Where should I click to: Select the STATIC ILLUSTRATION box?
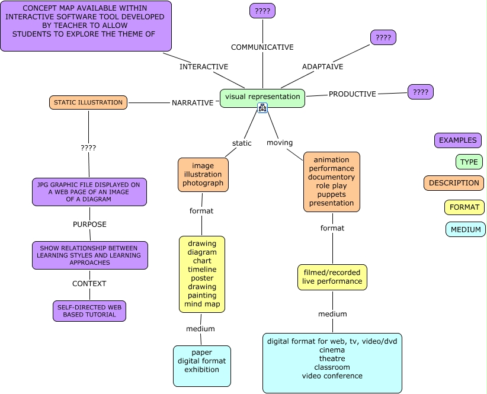[x=88, y=102]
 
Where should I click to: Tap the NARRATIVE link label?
[x=193, y=102]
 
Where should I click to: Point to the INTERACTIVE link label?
[x=204, y=67]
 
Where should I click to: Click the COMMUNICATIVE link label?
[x=262, y=47]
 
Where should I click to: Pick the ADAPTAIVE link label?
[x=322, y=67]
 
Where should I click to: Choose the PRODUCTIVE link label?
[x=353, y=94]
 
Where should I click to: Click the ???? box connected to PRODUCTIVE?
[x=421, y=92]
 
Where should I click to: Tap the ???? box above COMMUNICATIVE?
[x=262, y=11]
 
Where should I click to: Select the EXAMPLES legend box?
[x=458, y=140]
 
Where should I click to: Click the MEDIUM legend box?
[x=466, y=229]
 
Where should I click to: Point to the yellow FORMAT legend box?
[x=464, y=207]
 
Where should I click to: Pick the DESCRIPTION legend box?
[x=454, y=183]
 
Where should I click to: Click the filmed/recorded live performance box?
[x=332, y=277]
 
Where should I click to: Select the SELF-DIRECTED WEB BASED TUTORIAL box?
[x=89, y=311]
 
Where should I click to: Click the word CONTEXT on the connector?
[x=89, y=284]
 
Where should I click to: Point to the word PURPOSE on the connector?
[x=89, y=225]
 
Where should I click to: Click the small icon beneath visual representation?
[x=262, y=108]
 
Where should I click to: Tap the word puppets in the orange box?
[x=332, y=194]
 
